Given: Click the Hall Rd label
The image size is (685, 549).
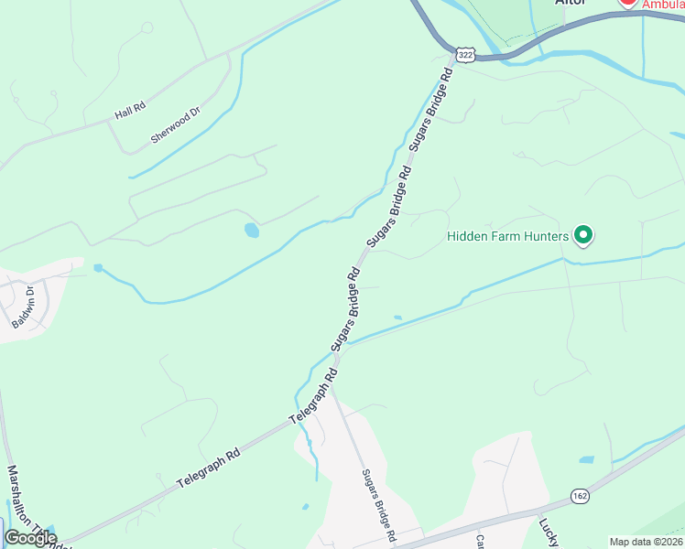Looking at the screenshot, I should pos(130,111).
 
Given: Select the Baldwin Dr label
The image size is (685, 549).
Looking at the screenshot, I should pos(24,307).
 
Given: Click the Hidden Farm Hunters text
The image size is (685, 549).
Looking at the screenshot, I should pos(507,236).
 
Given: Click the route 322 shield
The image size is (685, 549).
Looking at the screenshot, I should pos(466,55).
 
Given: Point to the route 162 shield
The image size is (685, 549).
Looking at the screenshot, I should pos(580,496).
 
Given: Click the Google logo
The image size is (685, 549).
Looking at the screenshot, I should pos(29,538).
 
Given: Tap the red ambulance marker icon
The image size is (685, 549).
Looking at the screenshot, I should pos(628,3).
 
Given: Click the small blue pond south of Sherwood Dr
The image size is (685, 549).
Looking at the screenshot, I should pos(251,231).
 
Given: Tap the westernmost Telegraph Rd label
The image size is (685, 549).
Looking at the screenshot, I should pos(209,466).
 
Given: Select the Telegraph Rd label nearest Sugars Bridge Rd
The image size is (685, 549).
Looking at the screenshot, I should pos(314,395).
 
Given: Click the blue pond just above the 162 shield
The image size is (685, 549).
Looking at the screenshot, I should pos(587,459).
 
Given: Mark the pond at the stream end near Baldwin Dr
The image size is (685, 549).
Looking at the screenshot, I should pos(98,268).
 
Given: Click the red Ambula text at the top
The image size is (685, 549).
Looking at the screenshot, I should pos(662,5).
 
